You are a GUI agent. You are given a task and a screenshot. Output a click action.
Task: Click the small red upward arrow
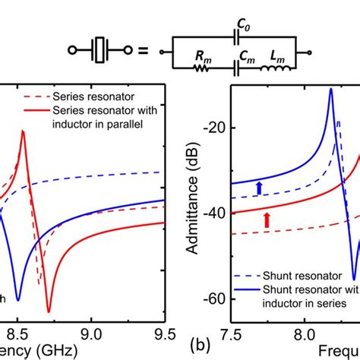point(267,220)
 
